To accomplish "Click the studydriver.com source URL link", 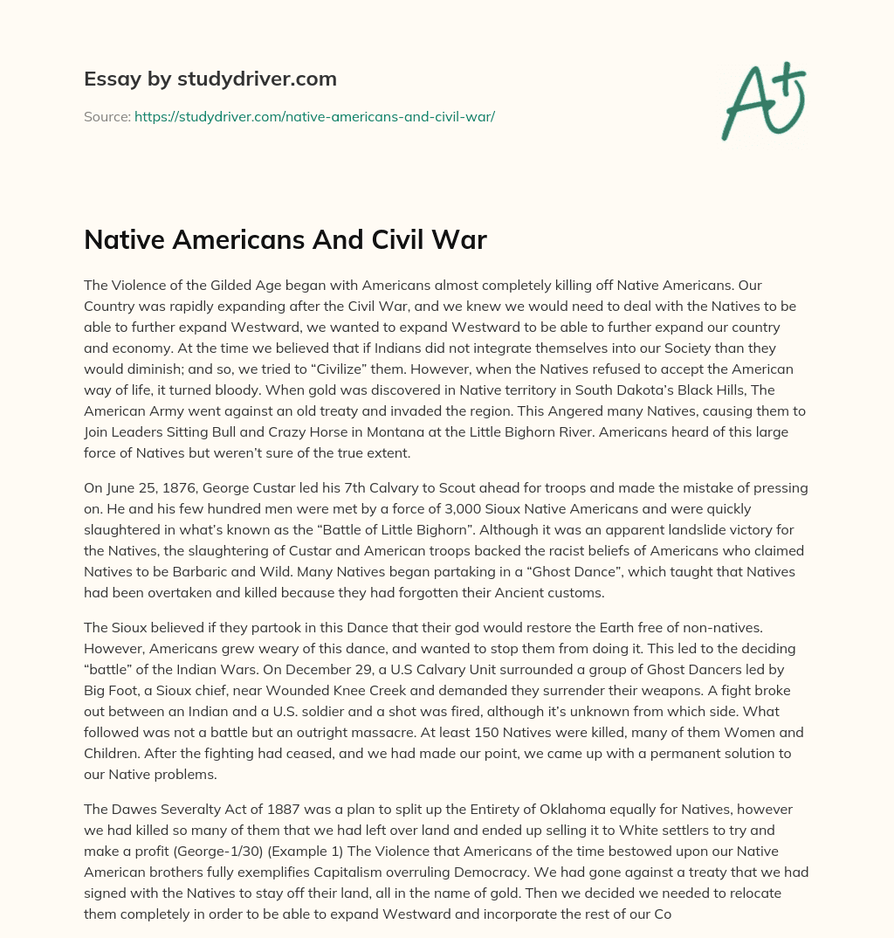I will [314, 115].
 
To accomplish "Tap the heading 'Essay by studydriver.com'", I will [210, 79].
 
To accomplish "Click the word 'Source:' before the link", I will [107, 115].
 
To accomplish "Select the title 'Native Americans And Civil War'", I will [285, 239].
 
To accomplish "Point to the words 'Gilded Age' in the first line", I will [235, 285].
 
